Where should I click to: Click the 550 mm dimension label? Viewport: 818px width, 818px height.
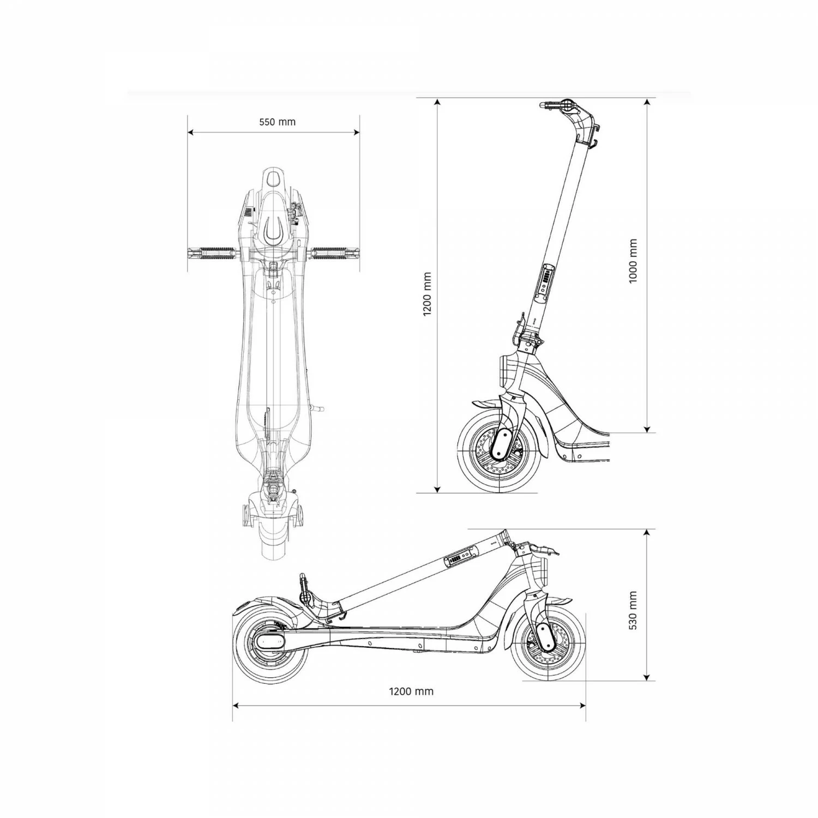[x=277, y=122]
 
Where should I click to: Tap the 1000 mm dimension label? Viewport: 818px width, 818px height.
[x=633, y=261]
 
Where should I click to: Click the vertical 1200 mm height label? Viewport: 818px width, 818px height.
[x=427, y=294]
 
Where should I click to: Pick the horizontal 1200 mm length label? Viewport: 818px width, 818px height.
[x=411, y=691]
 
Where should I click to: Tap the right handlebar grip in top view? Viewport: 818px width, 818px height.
[x=336, y=252]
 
